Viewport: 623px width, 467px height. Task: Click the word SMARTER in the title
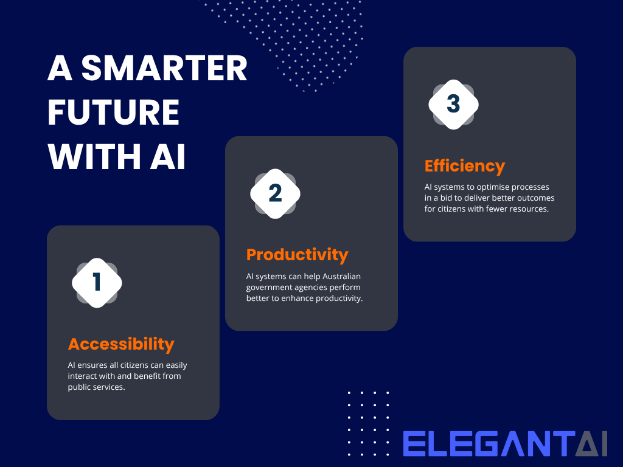[x=164, y=70]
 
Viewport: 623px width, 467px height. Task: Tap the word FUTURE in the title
[x=114, y=113]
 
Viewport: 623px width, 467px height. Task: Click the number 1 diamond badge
[x=97, y=283]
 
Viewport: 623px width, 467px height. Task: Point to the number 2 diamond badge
[x=275, y=193]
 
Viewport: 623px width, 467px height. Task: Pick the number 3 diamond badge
[x=453, y=104]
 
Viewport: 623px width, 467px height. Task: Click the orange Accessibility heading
[x=121, y=344]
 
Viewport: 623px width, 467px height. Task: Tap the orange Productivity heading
[x=297, y=254]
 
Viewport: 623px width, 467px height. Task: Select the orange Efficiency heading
[x=465, y=166]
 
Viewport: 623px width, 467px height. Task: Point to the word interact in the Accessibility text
[x=83, y=376]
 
